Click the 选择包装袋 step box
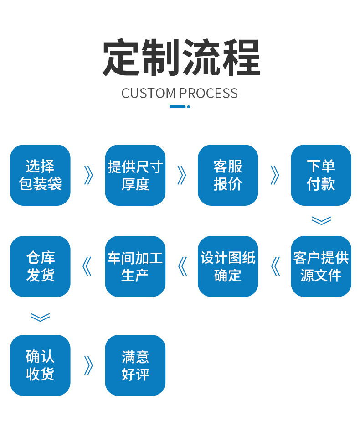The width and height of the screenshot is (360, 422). coord(40,175)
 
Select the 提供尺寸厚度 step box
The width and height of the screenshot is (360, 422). coord(135,175)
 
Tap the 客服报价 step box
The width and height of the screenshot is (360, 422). coord(228,175)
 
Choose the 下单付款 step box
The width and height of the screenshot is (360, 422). coord(321,175)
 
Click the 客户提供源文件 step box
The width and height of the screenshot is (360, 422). coord(321,266)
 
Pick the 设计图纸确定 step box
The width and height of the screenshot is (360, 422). coord(228,266)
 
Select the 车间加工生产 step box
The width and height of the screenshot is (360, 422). coord(135,266)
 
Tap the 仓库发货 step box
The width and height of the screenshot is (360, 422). coord(40,266)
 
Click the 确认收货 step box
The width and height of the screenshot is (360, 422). coord(40,365)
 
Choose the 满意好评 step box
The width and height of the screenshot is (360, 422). coord(135,365)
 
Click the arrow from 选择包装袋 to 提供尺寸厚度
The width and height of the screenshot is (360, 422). coord(88,175)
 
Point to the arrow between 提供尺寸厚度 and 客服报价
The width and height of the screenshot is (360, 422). coord(182,175)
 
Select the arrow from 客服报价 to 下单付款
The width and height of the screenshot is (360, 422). coord(275,175)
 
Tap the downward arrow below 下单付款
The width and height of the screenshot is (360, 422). coord(321,221)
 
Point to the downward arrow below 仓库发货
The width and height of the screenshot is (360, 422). coord(40,317)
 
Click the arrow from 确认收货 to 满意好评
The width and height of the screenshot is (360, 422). coord(88,365)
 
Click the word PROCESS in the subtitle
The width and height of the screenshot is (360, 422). coord(208,93)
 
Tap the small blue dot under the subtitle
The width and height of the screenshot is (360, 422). coord(189,107)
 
